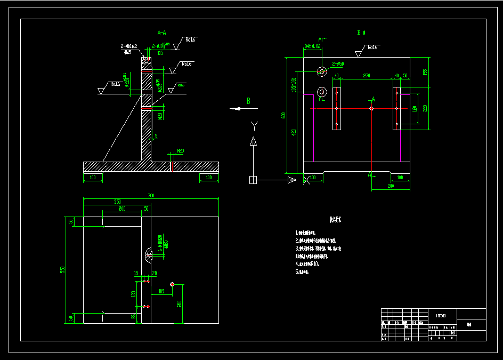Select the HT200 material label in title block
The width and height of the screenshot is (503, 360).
pyautogui.click(x=440, y=315)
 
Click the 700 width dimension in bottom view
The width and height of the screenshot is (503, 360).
pyautogui.click(x=151, y=196)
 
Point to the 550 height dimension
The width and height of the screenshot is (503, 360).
pyautogui.click(x=63, y=270)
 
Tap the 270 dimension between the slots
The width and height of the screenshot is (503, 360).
pyautogui.click(x=367, y=76)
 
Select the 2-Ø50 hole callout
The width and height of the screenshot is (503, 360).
pyautogui.click(x=338, y=64)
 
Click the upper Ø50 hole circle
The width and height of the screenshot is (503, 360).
pyautogui.click(x=321, y=71)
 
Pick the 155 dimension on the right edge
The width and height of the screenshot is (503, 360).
pyautogui.click(x=425, y=71)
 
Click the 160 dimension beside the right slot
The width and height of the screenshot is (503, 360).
pyautogui.click(x=414, y=109)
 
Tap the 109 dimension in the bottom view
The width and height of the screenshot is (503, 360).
pyautogui.click(x=161, y=291)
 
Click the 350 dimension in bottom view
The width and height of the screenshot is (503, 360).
pyautogui.click(x=117, y=202)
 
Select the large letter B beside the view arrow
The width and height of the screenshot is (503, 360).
pyautogui.click(x=248, y=101)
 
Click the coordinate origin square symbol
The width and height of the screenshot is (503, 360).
pyautogui.click(x=253, y=180)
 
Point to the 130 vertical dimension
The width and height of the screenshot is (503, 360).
pyautogui.click(x=133, y=294)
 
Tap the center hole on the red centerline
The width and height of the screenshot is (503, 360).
pyautogui.click(x=371, y=108)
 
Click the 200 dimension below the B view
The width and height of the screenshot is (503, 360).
pyautogui.click(x=391, y=186)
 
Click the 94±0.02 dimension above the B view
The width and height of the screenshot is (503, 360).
pyautogui.click(x=312, y=46)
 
